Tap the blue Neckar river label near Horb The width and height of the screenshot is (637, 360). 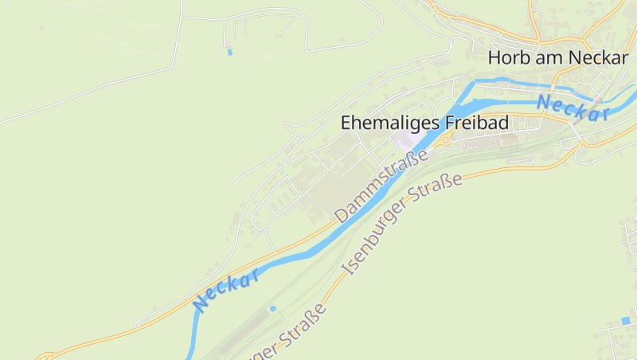coord(572,107)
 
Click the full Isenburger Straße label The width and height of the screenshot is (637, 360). coord(403,228)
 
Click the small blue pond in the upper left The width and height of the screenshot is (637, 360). coord(229,52)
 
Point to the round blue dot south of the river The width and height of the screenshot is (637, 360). coord(273,308)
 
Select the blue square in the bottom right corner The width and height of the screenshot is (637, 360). coord(626,321)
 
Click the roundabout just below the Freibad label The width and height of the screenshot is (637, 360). coord(445,141)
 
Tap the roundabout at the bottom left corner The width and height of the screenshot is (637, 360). coord(46,356)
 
